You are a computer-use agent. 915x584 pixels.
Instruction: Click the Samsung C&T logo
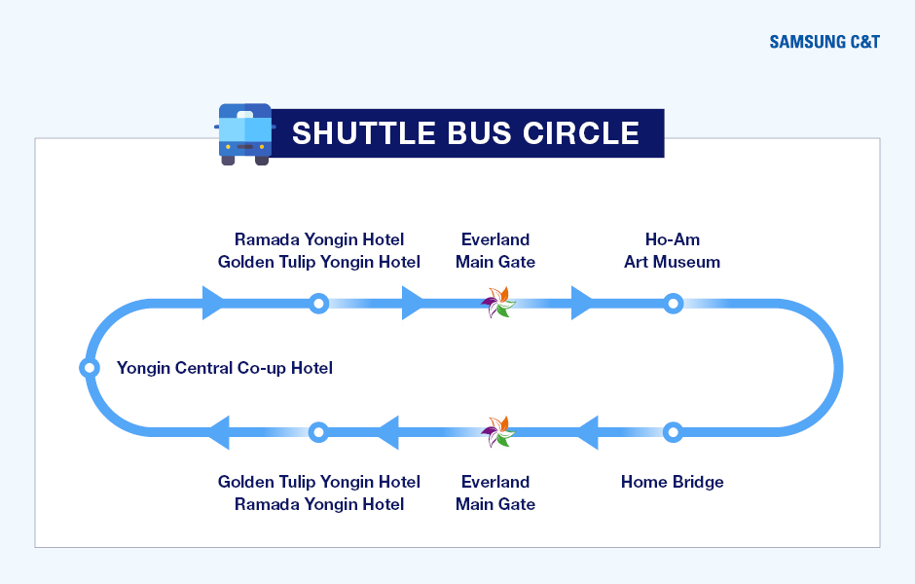point(823,42)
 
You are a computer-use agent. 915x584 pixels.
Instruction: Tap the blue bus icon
point(245,134)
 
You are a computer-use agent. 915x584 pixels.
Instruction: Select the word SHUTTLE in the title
point(363,133)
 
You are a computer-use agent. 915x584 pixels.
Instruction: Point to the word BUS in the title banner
point(479,133)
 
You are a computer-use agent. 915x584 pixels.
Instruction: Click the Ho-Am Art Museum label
point(673,251)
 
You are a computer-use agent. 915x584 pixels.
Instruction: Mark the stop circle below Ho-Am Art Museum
point(673,304)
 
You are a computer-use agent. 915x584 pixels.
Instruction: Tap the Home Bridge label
point(673,482)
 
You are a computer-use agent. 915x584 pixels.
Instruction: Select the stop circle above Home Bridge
point(673,432)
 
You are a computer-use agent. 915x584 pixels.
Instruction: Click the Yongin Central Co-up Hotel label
point(225,368)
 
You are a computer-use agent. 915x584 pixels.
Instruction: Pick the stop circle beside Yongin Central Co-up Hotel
point(90,368)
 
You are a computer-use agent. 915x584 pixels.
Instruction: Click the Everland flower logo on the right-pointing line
point(497,302)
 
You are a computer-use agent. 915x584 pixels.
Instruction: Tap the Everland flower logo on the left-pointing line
point(497,432)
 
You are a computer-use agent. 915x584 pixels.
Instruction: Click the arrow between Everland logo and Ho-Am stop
point(582,304)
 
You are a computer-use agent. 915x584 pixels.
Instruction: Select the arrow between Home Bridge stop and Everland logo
point(587,432)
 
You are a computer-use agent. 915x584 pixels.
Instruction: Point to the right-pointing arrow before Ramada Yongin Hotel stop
point(213,304)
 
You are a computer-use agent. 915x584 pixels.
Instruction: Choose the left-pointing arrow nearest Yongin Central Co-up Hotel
point(218,432)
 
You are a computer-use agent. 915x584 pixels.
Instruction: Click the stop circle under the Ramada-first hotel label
point(318,304)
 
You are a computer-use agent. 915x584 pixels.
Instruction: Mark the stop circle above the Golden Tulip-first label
point(318,432)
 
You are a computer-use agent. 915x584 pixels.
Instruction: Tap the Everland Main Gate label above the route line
point(495,251)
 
